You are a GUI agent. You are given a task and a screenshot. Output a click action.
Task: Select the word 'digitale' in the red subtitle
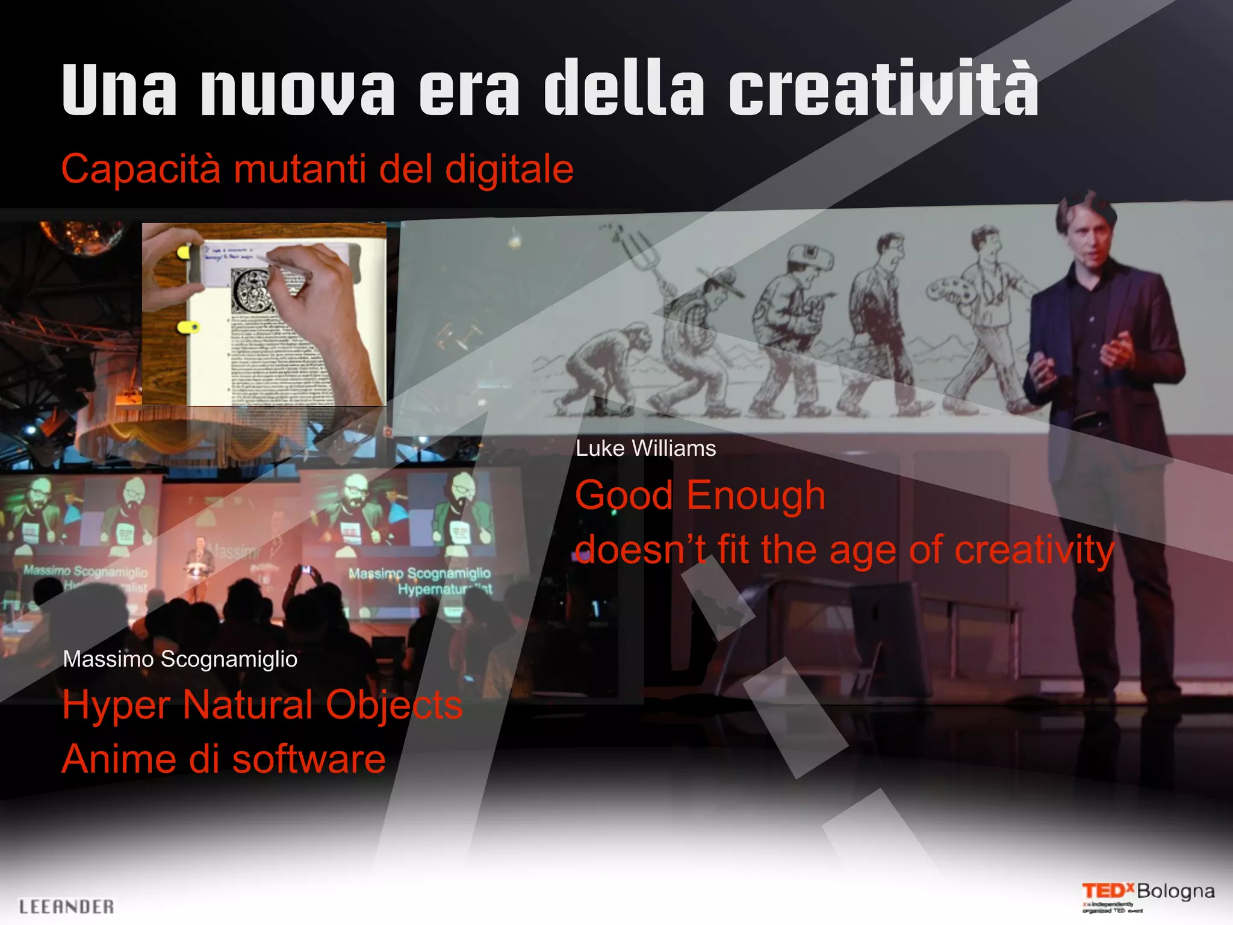[509, 169]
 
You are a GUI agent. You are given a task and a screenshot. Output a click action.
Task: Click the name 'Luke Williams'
[645, 449]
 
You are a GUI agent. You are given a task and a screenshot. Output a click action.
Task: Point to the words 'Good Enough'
[700, 496]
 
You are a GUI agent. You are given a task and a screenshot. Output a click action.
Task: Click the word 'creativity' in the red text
[1034, 550]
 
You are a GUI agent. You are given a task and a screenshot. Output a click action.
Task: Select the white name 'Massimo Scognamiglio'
[180, 659]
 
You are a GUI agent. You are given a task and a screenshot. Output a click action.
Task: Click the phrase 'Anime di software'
[223, 759]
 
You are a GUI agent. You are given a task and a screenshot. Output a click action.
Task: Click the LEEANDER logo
[66, 906]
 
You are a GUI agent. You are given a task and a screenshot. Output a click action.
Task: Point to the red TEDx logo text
[1107, 891]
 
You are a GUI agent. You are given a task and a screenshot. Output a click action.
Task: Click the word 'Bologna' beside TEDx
[1175, 891]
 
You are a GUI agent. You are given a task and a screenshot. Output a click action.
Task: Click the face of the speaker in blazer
[1089, 238]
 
